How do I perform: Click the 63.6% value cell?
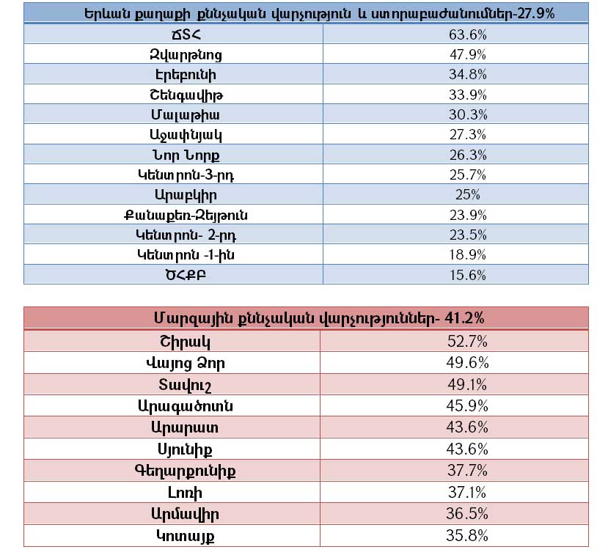click(467, 34)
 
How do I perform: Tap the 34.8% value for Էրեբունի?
click(467, 75)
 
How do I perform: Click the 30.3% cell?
click(467, 115)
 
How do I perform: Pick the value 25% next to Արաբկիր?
click(467, 195)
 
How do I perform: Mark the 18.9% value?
click(467, 254)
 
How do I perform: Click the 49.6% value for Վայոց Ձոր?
click(467, 363)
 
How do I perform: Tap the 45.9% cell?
click(467, 405)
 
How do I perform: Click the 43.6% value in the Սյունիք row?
click(467, 449)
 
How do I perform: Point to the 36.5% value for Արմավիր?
click(467, 514)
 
